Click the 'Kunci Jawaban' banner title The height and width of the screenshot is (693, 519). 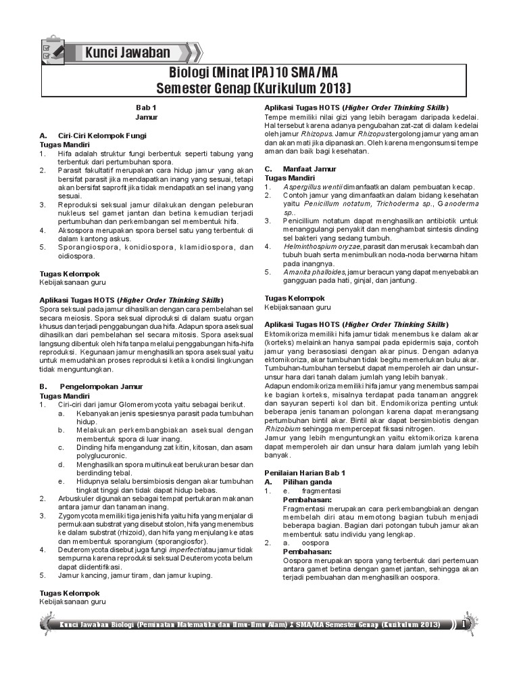tap(128, 53)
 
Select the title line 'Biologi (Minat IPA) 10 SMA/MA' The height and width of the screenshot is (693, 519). tap(253, 72)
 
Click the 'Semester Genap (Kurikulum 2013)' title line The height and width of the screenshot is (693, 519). tap(253, 89)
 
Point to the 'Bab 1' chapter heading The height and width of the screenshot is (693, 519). tap(146, 108)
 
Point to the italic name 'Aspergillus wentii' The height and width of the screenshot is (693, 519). tap(313, 186)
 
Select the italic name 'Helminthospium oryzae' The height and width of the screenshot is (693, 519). tap(322, 246)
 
